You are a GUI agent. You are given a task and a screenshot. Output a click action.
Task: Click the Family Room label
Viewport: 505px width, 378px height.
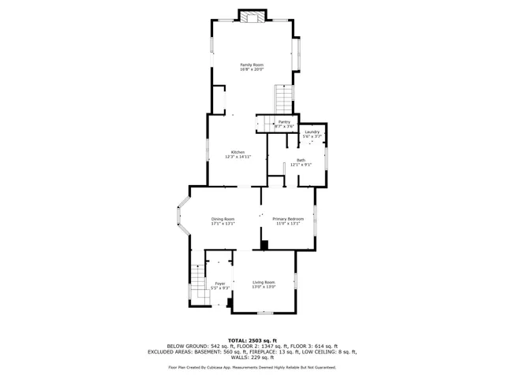[x=252, y=65]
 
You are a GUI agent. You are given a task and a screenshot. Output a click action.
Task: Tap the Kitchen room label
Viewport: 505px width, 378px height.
[x=238, y=152]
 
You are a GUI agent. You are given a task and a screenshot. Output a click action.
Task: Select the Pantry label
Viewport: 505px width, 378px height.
[x=284, y=122]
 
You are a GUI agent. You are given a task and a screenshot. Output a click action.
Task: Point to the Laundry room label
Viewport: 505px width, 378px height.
[x=312, y=132]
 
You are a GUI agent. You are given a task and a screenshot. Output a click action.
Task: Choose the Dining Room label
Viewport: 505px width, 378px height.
[x=223, y=219]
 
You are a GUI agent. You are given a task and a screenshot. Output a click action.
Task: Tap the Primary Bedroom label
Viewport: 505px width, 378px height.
[x=288, y=219]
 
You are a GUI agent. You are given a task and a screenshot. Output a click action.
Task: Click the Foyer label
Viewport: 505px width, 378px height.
[x=220, y=283]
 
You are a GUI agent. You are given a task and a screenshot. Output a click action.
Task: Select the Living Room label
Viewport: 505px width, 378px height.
[x=264, y=282]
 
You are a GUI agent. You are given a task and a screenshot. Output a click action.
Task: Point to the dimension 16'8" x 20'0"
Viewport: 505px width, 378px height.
[x=252, y=70]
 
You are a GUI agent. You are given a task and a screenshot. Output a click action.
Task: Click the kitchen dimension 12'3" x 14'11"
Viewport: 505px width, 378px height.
[x=238, y=157]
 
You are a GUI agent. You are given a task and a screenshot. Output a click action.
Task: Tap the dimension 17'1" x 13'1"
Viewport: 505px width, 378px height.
[x=223, y=224]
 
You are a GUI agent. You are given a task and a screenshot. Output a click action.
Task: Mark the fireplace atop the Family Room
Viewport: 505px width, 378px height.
[x=252, y=18]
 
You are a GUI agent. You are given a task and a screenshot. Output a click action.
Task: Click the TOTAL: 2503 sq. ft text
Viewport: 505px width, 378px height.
[x=252, y=339]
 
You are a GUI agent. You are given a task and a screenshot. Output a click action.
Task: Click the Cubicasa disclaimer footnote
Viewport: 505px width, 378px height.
[x=252, y=367]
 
